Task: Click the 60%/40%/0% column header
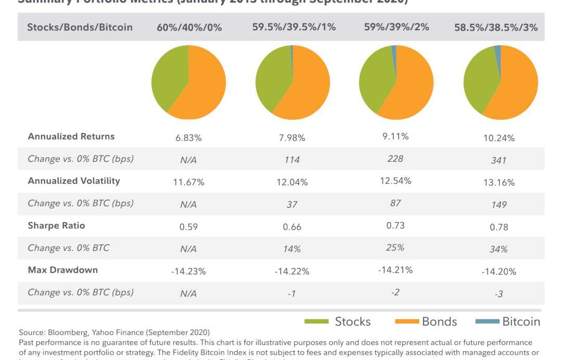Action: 189,27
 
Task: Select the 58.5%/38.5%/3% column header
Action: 496,27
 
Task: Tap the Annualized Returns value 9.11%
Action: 395,136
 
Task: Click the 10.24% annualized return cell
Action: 498,138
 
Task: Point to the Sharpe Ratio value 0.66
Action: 292,227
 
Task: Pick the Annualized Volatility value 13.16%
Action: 498,183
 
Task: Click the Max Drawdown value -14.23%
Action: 188,271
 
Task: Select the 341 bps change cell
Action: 498,160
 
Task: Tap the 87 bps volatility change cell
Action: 395,203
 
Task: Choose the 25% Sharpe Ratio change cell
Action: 395,247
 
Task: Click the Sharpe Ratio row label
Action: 56,225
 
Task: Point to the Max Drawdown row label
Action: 62,270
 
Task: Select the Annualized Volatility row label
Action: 74,181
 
